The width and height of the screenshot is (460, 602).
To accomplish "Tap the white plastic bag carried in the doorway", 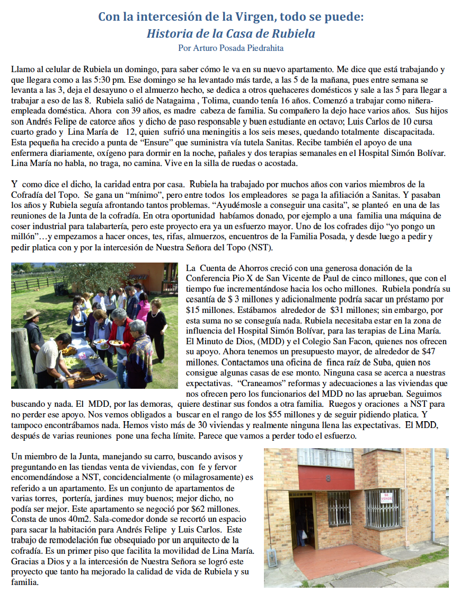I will [x=304, y=525].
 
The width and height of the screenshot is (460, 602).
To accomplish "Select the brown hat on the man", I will [x=31, y=314].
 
